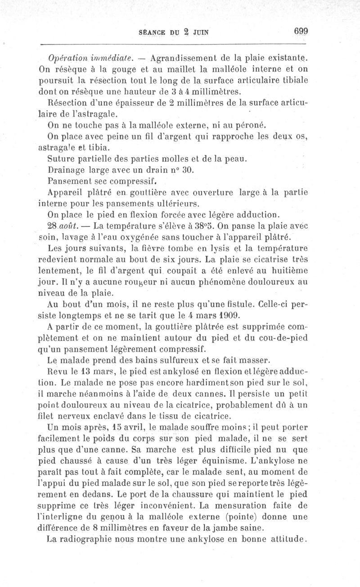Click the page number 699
(x=301, y=31)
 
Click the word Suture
(x=62, y=159)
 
